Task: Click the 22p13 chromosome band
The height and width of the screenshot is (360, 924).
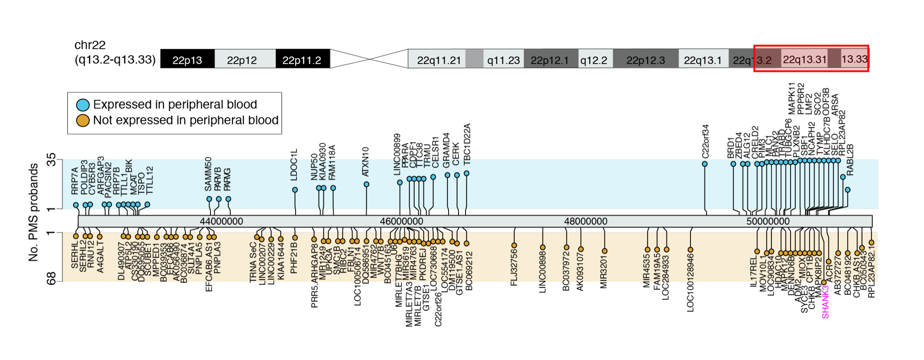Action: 187,60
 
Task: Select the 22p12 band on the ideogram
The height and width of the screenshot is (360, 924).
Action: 242,60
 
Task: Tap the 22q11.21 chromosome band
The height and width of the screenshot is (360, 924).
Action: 439,60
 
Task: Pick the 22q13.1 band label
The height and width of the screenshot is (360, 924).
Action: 702,60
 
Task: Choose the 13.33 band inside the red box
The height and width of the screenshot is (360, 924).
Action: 854,59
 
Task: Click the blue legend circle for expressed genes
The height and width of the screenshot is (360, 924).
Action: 82,105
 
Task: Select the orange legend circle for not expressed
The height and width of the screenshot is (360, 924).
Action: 82,120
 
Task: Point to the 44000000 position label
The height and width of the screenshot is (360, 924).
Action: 221,221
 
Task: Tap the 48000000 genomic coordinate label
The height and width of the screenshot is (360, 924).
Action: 585,221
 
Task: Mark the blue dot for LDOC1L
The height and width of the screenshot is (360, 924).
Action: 295,190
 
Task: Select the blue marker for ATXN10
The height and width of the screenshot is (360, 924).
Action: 367,184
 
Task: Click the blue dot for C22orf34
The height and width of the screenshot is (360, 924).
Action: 705,164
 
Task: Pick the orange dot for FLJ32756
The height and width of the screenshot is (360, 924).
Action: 514,245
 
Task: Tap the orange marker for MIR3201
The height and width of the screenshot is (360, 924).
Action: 605,251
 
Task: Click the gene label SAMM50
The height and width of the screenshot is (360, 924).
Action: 208,174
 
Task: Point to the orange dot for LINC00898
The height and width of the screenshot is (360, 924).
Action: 543,247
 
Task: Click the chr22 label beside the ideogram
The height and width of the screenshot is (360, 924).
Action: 90,45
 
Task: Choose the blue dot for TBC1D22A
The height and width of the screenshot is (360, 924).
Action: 467,173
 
